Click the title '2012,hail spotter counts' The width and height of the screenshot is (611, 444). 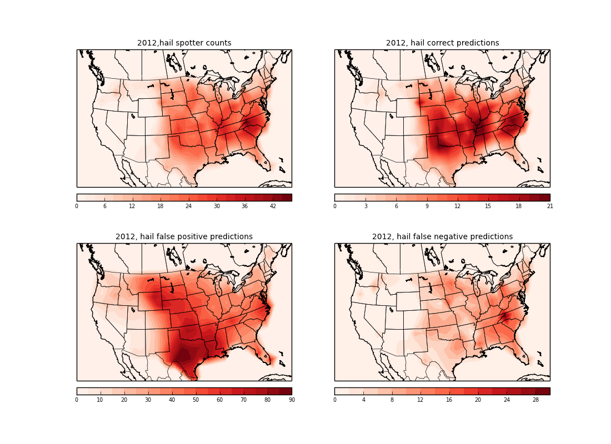184,43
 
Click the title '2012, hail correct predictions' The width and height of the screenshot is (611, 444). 442,43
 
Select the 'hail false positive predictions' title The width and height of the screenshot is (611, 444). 184,237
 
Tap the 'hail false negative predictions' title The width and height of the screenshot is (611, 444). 442,237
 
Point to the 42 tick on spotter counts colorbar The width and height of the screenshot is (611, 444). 273,206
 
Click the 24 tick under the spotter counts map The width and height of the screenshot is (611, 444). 188,206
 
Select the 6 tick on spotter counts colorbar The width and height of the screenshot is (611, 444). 104,206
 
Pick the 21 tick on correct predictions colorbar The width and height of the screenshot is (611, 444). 549,206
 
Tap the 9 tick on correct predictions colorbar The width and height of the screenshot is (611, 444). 427,206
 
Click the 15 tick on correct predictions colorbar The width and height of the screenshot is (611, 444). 488,206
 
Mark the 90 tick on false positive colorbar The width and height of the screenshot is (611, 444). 291,400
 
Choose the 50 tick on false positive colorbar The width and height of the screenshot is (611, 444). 196,400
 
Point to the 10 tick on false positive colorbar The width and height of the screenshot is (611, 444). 100,400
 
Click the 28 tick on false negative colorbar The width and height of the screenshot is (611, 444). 535,400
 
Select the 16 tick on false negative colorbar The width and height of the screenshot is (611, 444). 449,400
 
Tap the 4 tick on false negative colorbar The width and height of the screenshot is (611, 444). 363,400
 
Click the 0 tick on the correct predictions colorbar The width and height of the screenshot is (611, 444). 334,206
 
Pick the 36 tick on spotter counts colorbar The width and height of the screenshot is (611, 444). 244,206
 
